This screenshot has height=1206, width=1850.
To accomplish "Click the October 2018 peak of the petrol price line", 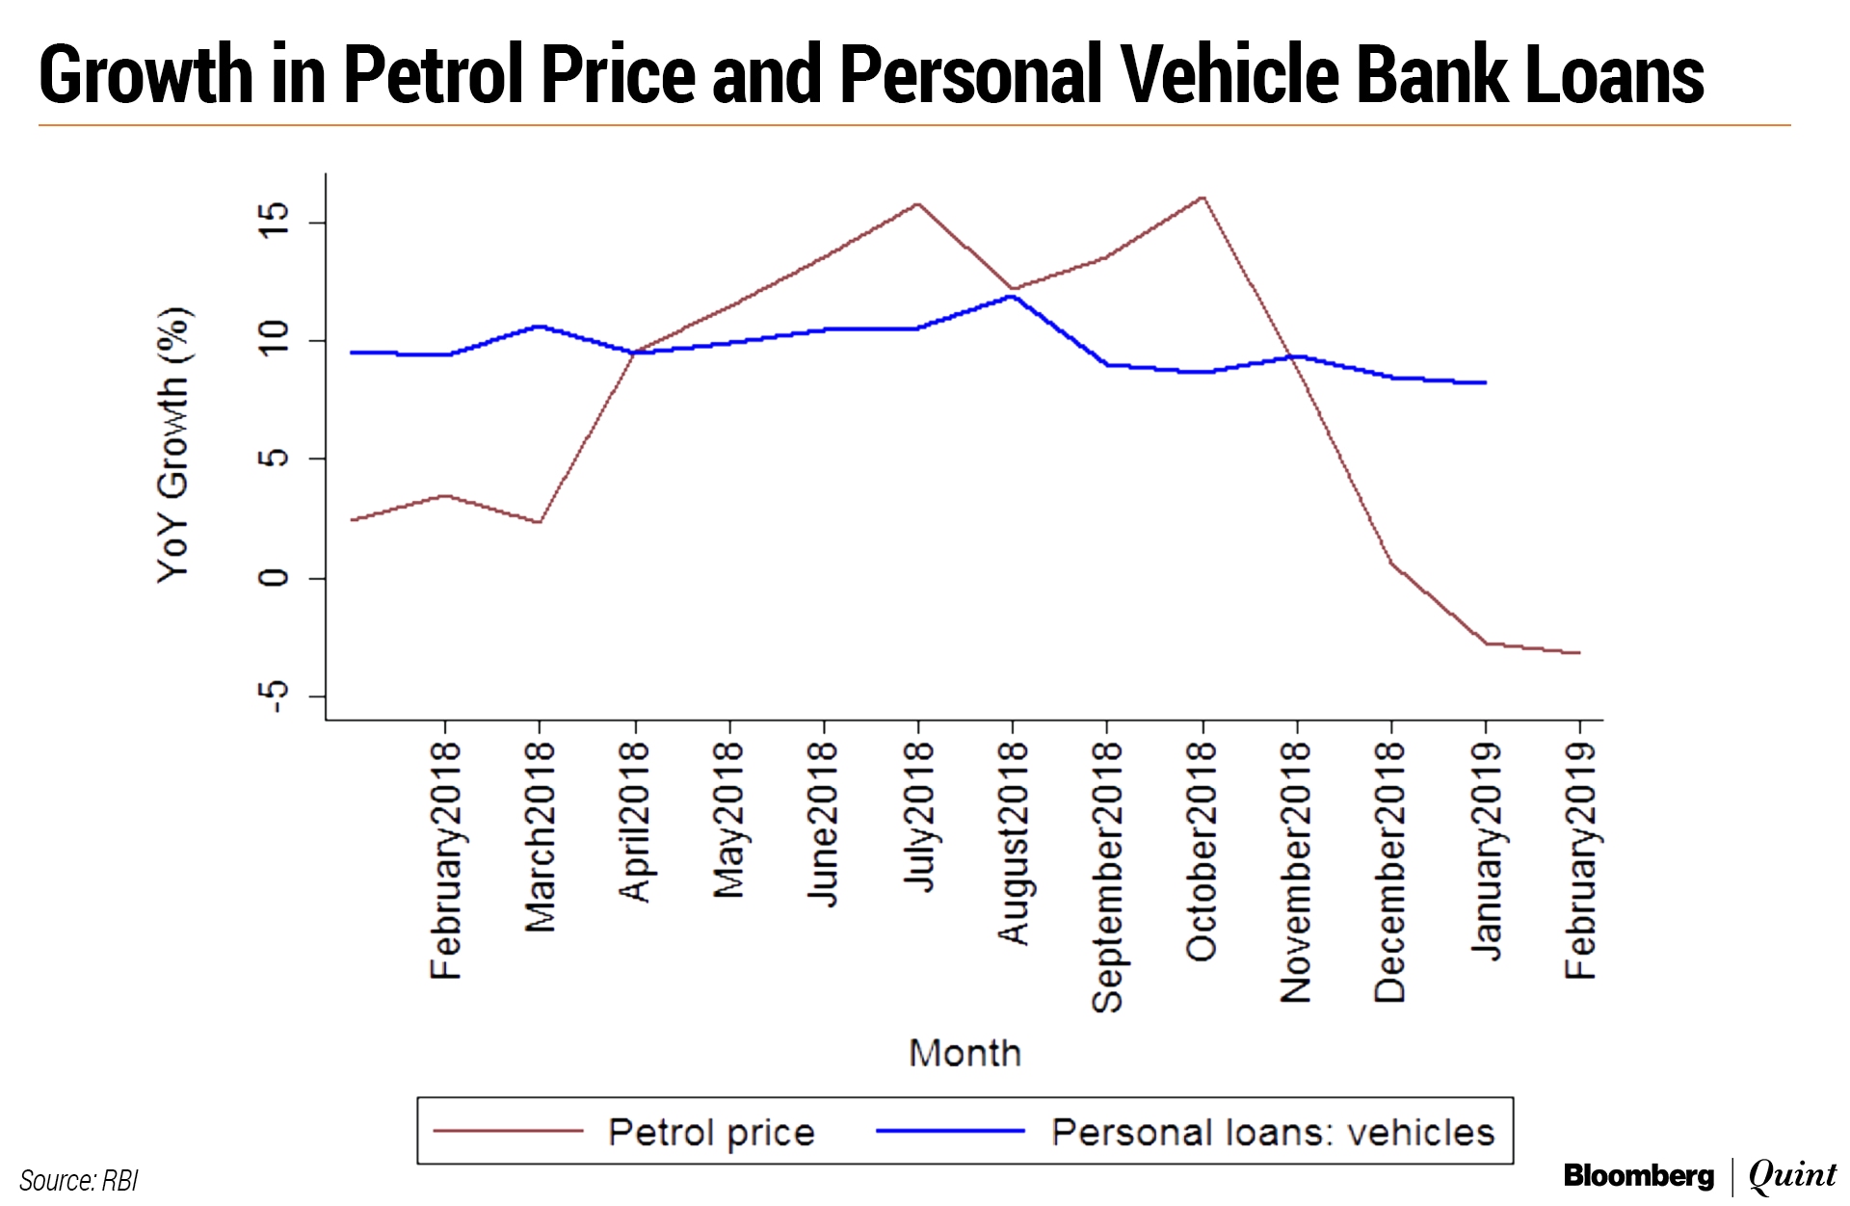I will click(x=1202, y=197).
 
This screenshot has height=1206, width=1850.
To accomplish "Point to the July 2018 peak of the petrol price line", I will click(x=917, y=204).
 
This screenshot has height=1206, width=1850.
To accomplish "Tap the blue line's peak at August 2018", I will click(x=1012, y=296).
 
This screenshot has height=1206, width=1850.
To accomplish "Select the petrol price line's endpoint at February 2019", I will click(x=1579, y=653).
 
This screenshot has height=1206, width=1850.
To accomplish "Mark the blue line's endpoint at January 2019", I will click(x=1485, y=382).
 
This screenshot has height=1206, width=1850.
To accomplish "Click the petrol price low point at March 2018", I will click(x=539, y=522).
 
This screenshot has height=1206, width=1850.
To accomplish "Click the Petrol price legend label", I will click(x=711, y=1133).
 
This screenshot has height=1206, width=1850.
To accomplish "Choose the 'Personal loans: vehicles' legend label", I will click(x=1272, y=1133).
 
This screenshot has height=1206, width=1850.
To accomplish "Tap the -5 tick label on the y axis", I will click(x=273, y=695).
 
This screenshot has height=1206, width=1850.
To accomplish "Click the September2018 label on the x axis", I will click(x=1107, y=877).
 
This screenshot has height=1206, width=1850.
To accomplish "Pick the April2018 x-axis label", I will click(x=634, y=822).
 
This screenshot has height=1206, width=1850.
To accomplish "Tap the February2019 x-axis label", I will click(x=1580, y=860).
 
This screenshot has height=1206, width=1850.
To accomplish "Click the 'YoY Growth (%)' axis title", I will click(x=173, y=445).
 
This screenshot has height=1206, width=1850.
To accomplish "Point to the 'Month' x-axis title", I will click(x=965, y=1054).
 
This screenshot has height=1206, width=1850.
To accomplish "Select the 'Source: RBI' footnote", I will click(x=79, y=1181).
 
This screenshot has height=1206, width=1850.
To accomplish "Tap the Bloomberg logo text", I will click(x=1638, y=1176).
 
